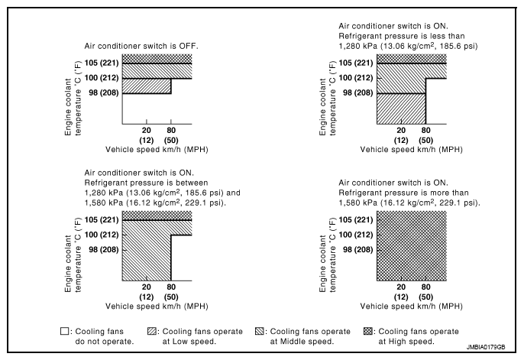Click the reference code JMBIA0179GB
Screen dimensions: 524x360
click(x=486, y=347)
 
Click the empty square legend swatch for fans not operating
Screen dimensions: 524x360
click(x=64, y=331)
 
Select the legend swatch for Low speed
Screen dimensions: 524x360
click(x=152, y=331)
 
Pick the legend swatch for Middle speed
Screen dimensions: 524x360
click(x=260, y=331)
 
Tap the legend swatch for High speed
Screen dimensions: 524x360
click(x=367, y=331)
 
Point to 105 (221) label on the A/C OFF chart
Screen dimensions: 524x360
click(x=102, y=63)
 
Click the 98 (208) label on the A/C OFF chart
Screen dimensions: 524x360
click(x=104, y=92)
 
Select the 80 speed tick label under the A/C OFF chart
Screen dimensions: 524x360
click(x=171, y=131)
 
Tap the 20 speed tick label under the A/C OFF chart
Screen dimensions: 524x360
click(x=147, y=131)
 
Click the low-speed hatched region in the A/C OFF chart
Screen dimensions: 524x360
click(x=147, y=86)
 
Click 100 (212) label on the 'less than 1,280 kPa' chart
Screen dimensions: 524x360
click(x=356, y=78)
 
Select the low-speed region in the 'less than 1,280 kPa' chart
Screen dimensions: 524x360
click(x=401, y=109)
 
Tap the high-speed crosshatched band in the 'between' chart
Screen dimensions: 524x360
click(x=157, y=216)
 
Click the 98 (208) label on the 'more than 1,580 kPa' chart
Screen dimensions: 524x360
click(x=358, y=250)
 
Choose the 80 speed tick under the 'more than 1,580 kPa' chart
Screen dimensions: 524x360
click(x=425, y=287)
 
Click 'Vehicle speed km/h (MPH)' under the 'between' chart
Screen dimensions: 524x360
click(x=157, y=306)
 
